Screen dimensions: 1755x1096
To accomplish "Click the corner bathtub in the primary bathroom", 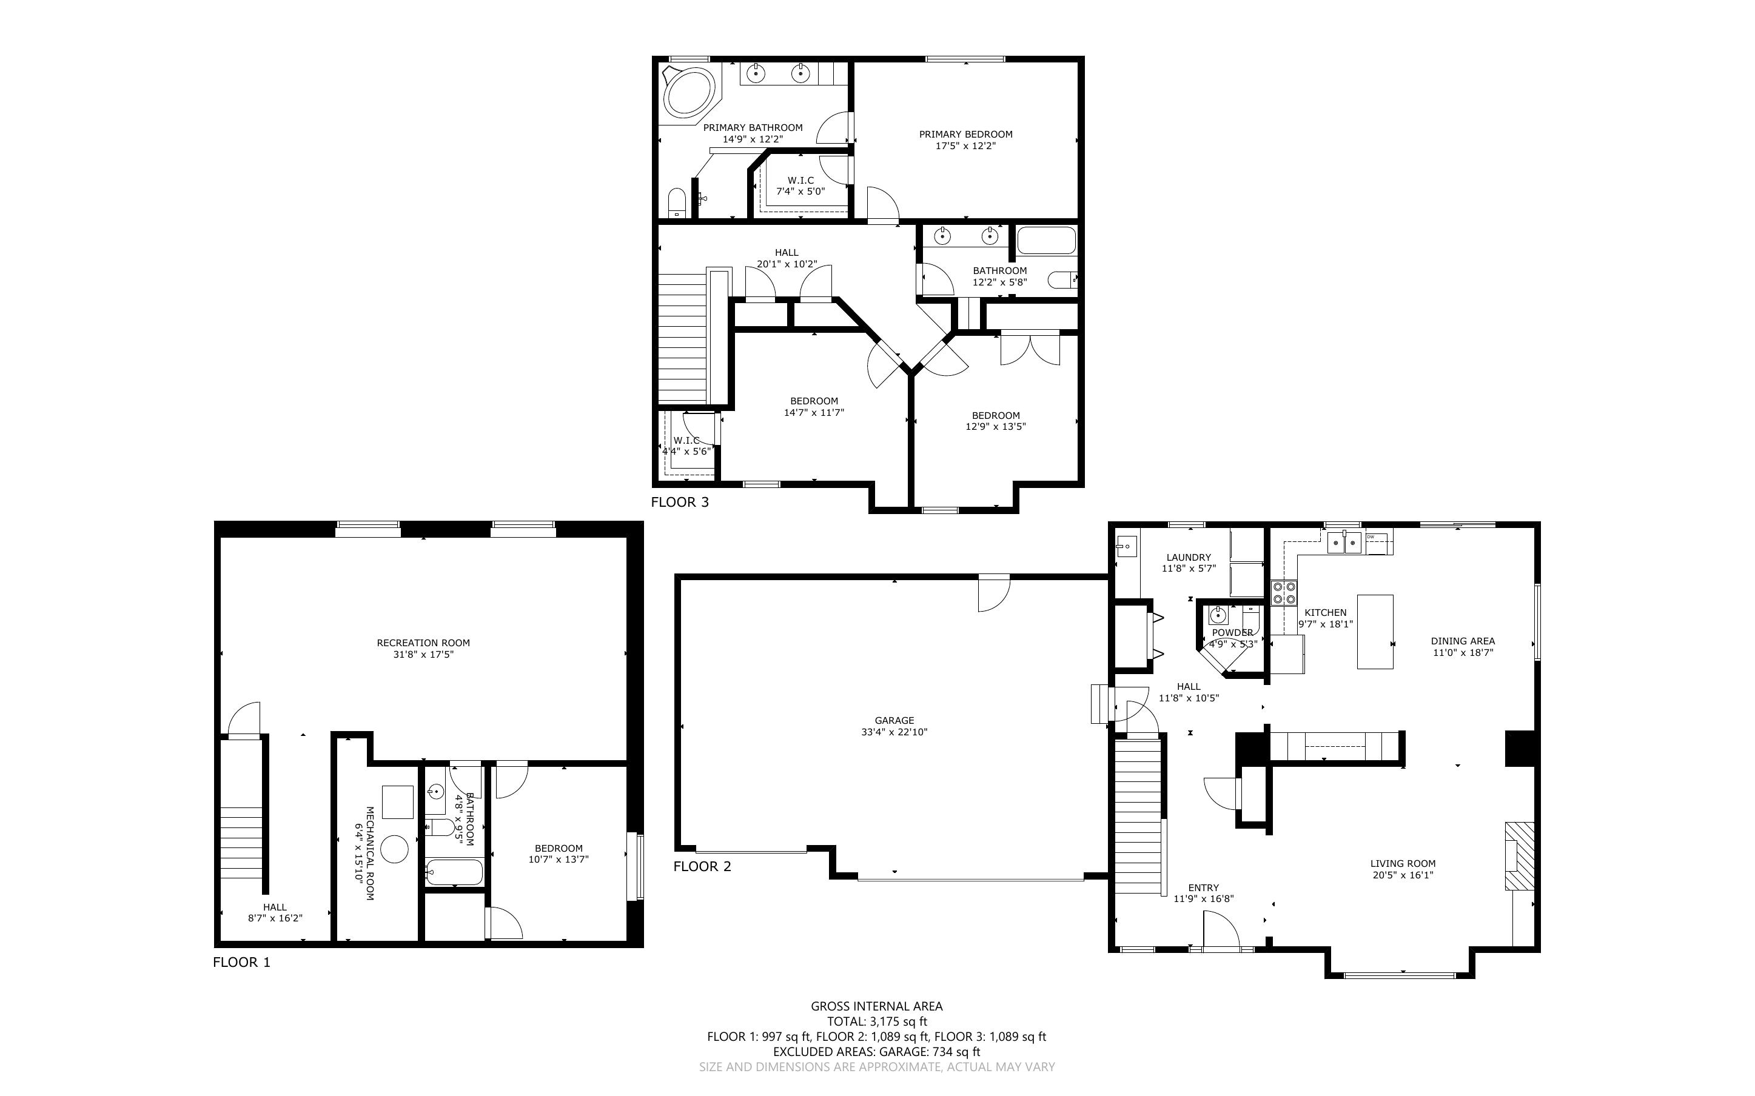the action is coord(689,92).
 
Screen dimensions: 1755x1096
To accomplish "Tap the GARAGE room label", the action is coord(894,721).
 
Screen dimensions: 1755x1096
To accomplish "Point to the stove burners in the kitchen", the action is coord(1284,593).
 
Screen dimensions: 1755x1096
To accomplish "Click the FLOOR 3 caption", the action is coord(679,501).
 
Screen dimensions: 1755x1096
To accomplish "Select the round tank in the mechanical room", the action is coord(394,848).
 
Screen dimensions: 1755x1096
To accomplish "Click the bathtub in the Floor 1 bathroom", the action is coord(454,873).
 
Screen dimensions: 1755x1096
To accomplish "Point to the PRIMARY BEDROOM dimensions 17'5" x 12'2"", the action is coord(965,145).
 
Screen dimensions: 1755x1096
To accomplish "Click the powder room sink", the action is coord(1218,616).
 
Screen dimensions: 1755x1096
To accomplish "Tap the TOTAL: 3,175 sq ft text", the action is coord(877,1021).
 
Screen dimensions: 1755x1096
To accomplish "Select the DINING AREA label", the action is coord(1463,641).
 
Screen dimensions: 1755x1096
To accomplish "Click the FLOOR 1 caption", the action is coord(241,962).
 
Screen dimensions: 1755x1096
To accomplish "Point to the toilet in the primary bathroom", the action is coord(676,203).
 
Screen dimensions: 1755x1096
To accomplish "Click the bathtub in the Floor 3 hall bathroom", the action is coord(1046,241).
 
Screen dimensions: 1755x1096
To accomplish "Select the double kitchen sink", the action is coord(1344,542).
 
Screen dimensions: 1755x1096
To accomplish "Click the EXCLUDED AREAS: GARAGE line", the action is coord(877,1052).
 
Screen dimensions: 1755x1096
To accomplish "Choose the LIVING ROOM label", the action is coord(1403,863).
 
